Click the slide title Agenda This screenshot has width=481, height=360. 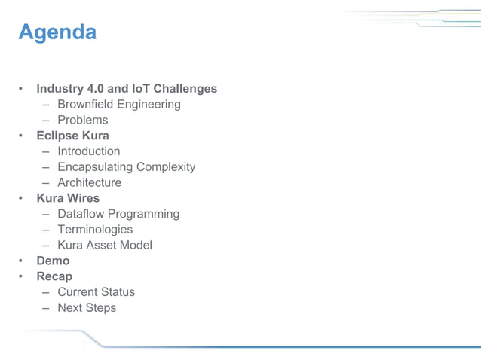click(57, 32)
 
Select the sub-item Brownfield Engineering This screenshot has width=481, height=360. click(119, 105)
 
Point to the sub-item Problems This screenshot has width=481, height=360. click(83, 121)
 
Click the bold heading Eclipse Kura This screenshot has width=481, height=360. click(72, 136)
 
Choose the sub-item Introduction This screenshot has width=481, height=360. click(89, 151)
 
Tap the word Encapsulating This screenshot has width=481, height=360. click(95, 167)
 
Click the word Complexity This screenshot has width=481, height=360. click(166, 167)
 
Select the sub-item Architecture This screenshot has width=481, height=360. click(89, 183)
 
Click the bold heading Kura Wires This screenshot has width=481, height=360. click(68, 198)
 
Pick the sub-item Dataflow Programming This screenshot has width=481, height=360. click(118, 214)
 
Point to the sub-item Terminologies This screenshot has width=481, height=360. click(95, 230)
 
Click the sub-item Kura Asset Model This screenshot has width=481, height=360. click(105, 246)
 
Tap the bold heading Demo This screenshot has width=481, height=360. click(53, 261)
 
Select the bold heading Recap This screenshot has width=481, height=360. click(54, 276)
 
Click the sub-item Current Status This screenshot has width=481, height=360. click(97, 292)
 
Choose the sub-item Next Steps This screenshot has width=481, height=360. click(87, 308)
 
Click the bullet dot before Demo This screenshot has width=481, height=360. click(23, 261)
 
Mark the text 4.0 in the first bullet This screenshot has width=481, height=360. click(97, 89)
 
